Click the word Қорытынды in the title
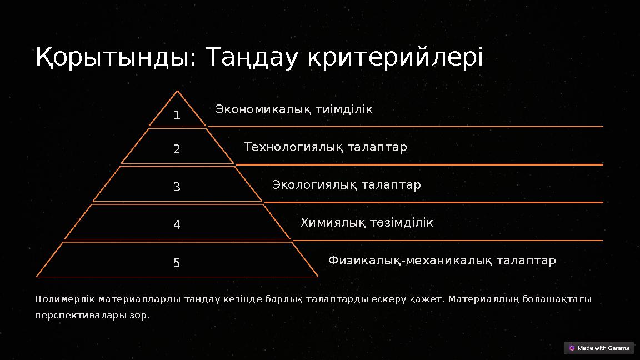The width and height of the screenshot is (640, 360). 111,57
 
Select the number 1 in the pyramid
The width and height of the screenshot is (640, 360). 177,116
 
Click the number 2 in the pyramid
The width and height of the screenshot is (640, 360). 177,149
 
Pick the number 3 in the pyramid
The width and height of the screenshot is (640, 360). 177,187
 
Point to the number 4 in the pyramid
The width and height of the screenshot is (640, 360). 177,225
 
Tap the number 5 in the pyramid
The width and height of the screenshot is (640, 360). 177,263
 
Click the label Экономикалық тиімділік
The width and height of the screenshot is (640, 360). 294,109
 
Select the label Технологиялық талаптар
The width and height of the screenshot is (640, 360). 325,147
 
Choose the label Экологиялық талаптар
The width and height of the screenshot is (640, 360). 346,184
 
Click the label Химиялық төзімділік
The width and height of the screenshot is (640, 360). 367,223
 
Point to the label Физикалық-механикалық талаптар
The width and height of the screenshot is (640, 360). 442,261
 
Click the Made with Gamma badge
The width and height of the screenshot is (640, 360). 599,348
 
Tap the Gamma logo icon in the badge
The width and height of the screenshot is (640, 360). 572,348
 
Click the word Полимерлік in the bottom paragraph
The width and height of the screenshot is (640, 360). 64,299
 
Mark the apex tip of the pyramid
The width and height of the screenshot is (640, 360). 177,92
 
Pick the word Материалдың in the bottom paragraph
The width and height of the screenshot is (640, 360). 476,299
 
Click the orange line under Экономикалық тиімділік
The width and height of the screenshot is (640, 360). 406,127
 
